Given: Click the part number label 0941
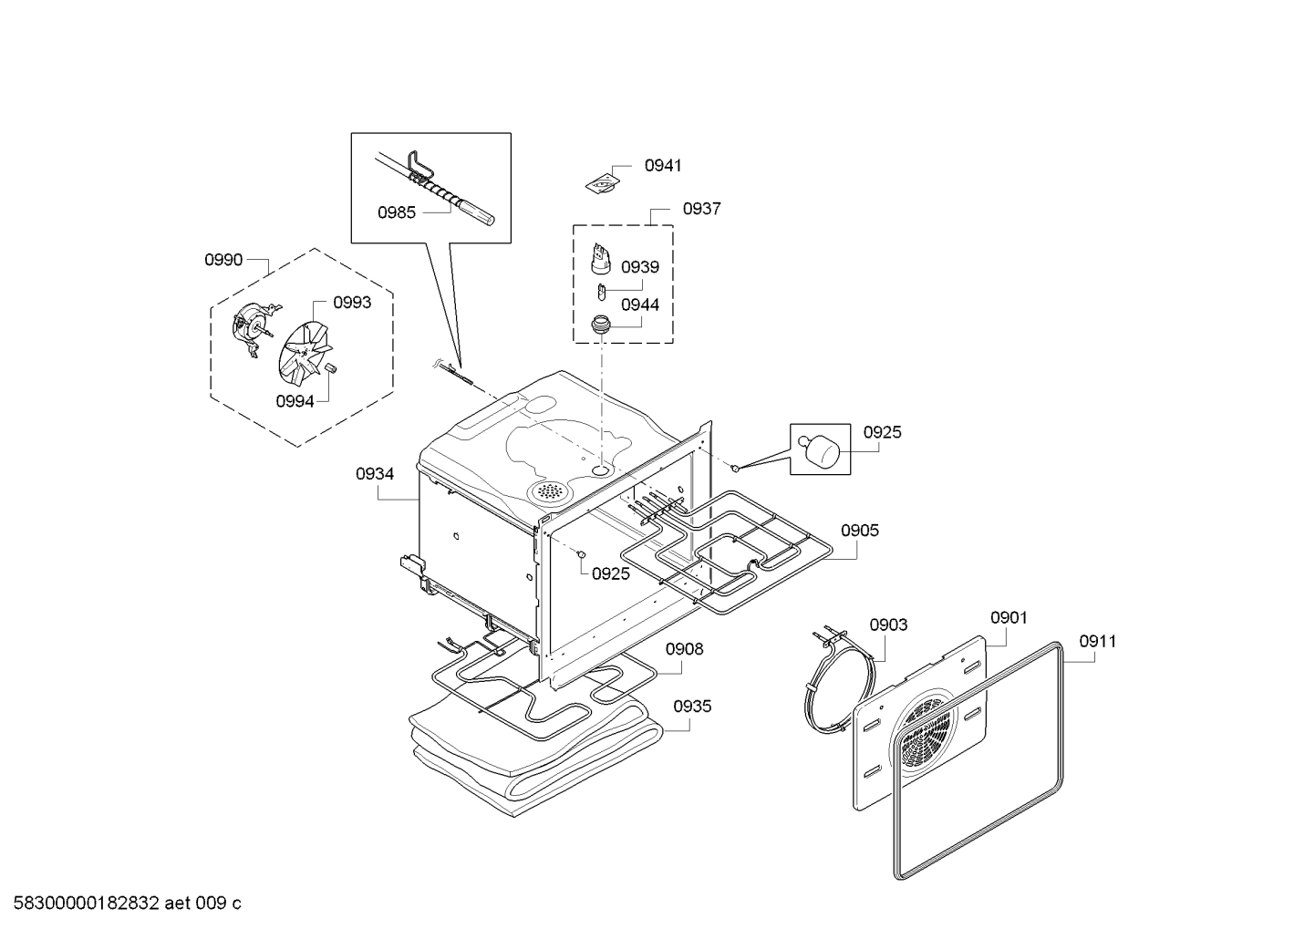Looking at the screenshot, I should click(662, 166).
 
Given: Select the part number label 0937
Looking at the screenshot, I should click(701, 209).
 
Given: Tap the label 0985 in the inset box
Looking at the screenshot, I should click(397, 212).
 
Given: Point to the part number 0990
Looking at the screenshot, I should click(223, 261).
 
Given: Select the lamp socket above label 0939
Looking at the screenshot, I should click(599, 258).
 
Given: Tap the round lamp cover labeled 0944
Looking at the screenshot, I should click(601, 324).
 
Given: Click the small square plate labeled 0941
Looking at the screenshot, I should click(602, 183).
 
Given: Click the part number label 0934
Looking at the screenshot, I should click(375, 474).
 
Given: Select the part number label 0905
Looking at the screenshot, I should click(859, 531).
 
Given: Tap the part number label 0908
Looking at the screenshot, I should click(684, 649).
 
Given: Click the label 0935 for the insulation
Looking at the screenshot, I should click(693, 707).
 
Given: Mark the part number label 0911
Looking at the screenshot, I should click(1097, 642).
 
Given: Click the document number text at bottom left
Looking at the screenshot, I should click(122, 903).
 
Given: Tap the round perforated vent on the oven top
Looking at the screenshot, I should click(548, 491).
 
